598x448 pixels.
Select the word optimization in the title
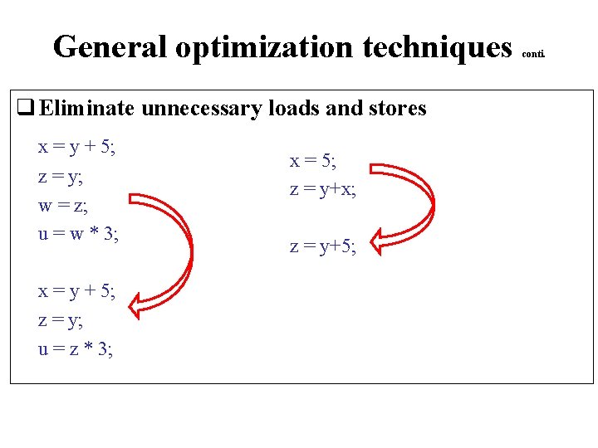pos(264,47)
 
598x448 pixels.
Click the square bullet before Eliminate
pos(25,108)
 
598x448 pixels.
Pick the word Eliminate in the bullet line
pos(87,108)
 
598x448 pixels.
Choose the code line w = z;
pos(62,205)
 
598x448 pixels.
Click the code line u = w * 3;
pos(79,234)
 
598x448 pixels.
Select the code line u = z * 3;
pos(76,349)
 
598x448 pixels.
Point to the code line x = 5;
pos(312,161)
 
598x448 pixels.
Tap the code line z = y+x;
pos(323,189)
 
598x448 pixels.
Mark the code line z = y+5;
pos(323,246)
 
